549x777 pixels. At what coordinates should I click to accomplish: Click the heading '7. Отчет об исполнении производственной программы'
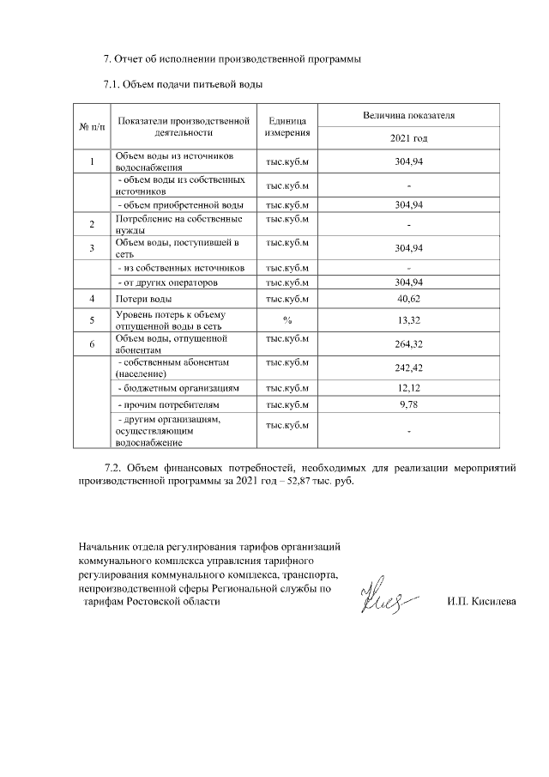click(232, 59)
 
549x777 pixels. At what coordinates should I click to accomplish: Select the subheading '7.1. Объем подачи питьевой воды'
click(182, 84)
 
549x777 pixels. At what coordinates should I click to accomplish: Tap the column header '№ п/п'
click(92, 127)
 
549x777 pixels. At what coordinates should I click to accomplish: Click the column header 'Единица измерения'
click(288, 127)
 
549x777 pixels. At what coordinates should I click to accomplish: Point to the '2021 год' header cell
click(408, 138)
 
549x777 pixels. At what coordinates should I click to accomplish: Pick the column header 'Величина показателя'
click(408, 114)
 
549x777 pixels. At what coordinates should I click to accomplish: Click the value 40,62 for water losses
click(408, 299)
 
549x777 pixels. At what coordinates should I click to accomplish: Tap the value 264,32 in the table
click(408, 345)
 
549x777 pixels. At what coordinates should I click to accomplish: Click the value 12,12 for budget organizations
click(408, 388)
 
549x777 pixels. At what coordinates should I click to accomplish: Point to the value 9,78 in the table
click(408, 404)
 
